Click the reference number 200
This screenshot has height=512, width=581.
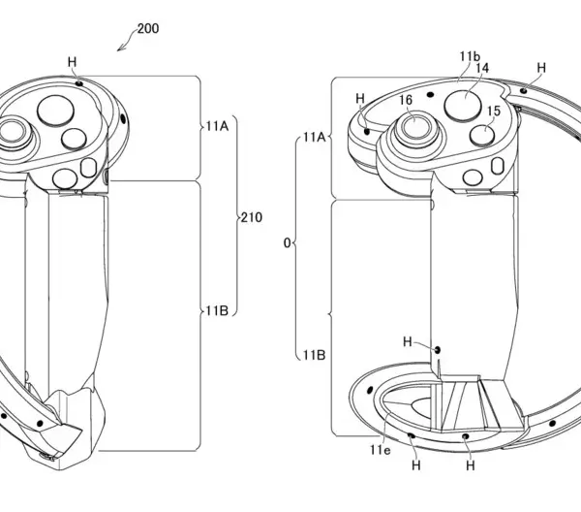tap(148, 28)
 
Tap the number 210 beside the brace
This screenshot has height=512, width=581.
tap(252, 217)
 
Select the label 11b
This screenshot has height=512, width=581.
tap(470, 56)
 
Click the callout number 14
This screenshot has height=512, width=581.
tap(482, 68)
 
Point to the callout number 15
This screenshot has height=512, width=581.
tap(494, 111)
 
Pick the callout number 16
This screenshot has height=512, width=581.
tap(406, 100)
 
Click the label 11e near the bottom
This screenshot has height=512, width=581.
tap(381, 450)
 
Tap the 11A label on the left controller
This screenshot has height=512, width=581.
tap(217, 126)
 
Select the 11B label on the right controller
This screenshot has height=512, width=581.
tap(314, 355)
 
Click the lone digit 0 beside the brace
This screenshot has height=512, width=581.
tap(288, 243)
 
